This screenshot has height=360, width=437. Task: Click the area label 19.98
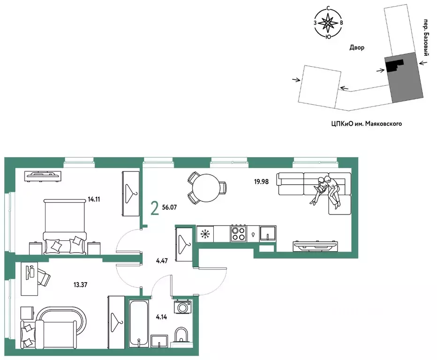tap(261, 182)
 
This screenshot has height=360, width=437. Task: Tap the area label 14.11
tap(94, 199)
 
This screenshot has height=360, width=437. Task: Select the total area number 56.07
tap(169, 207)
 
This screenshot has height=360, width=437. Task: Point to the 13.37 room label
tap(80, 285)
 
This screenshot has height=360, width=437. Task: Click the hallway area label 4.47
tap(162, 261)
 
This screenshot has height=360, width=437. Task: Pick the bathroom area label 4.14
tap(161, 317)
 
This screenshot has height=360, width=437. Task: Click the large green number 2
tap(155, 209)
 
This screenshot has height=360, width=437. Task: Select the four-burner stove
tap(239, 233)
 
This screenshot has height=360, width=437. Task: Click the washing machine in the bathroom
tap(182, 307)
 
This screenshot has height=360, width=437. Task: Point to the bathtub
tap(139, 323)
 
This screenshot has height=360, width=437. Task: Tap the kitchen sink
tap(268, 233)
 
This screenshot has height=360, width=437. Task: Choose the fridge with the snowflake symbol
tap(205, 234)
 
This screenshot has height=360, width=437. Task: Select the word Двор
tap(357, 48)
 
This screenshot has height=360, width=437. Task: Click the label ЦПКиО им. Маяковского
tap(367, 123)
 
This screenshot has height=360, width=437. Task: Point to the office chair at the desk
tap(43, 276)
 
